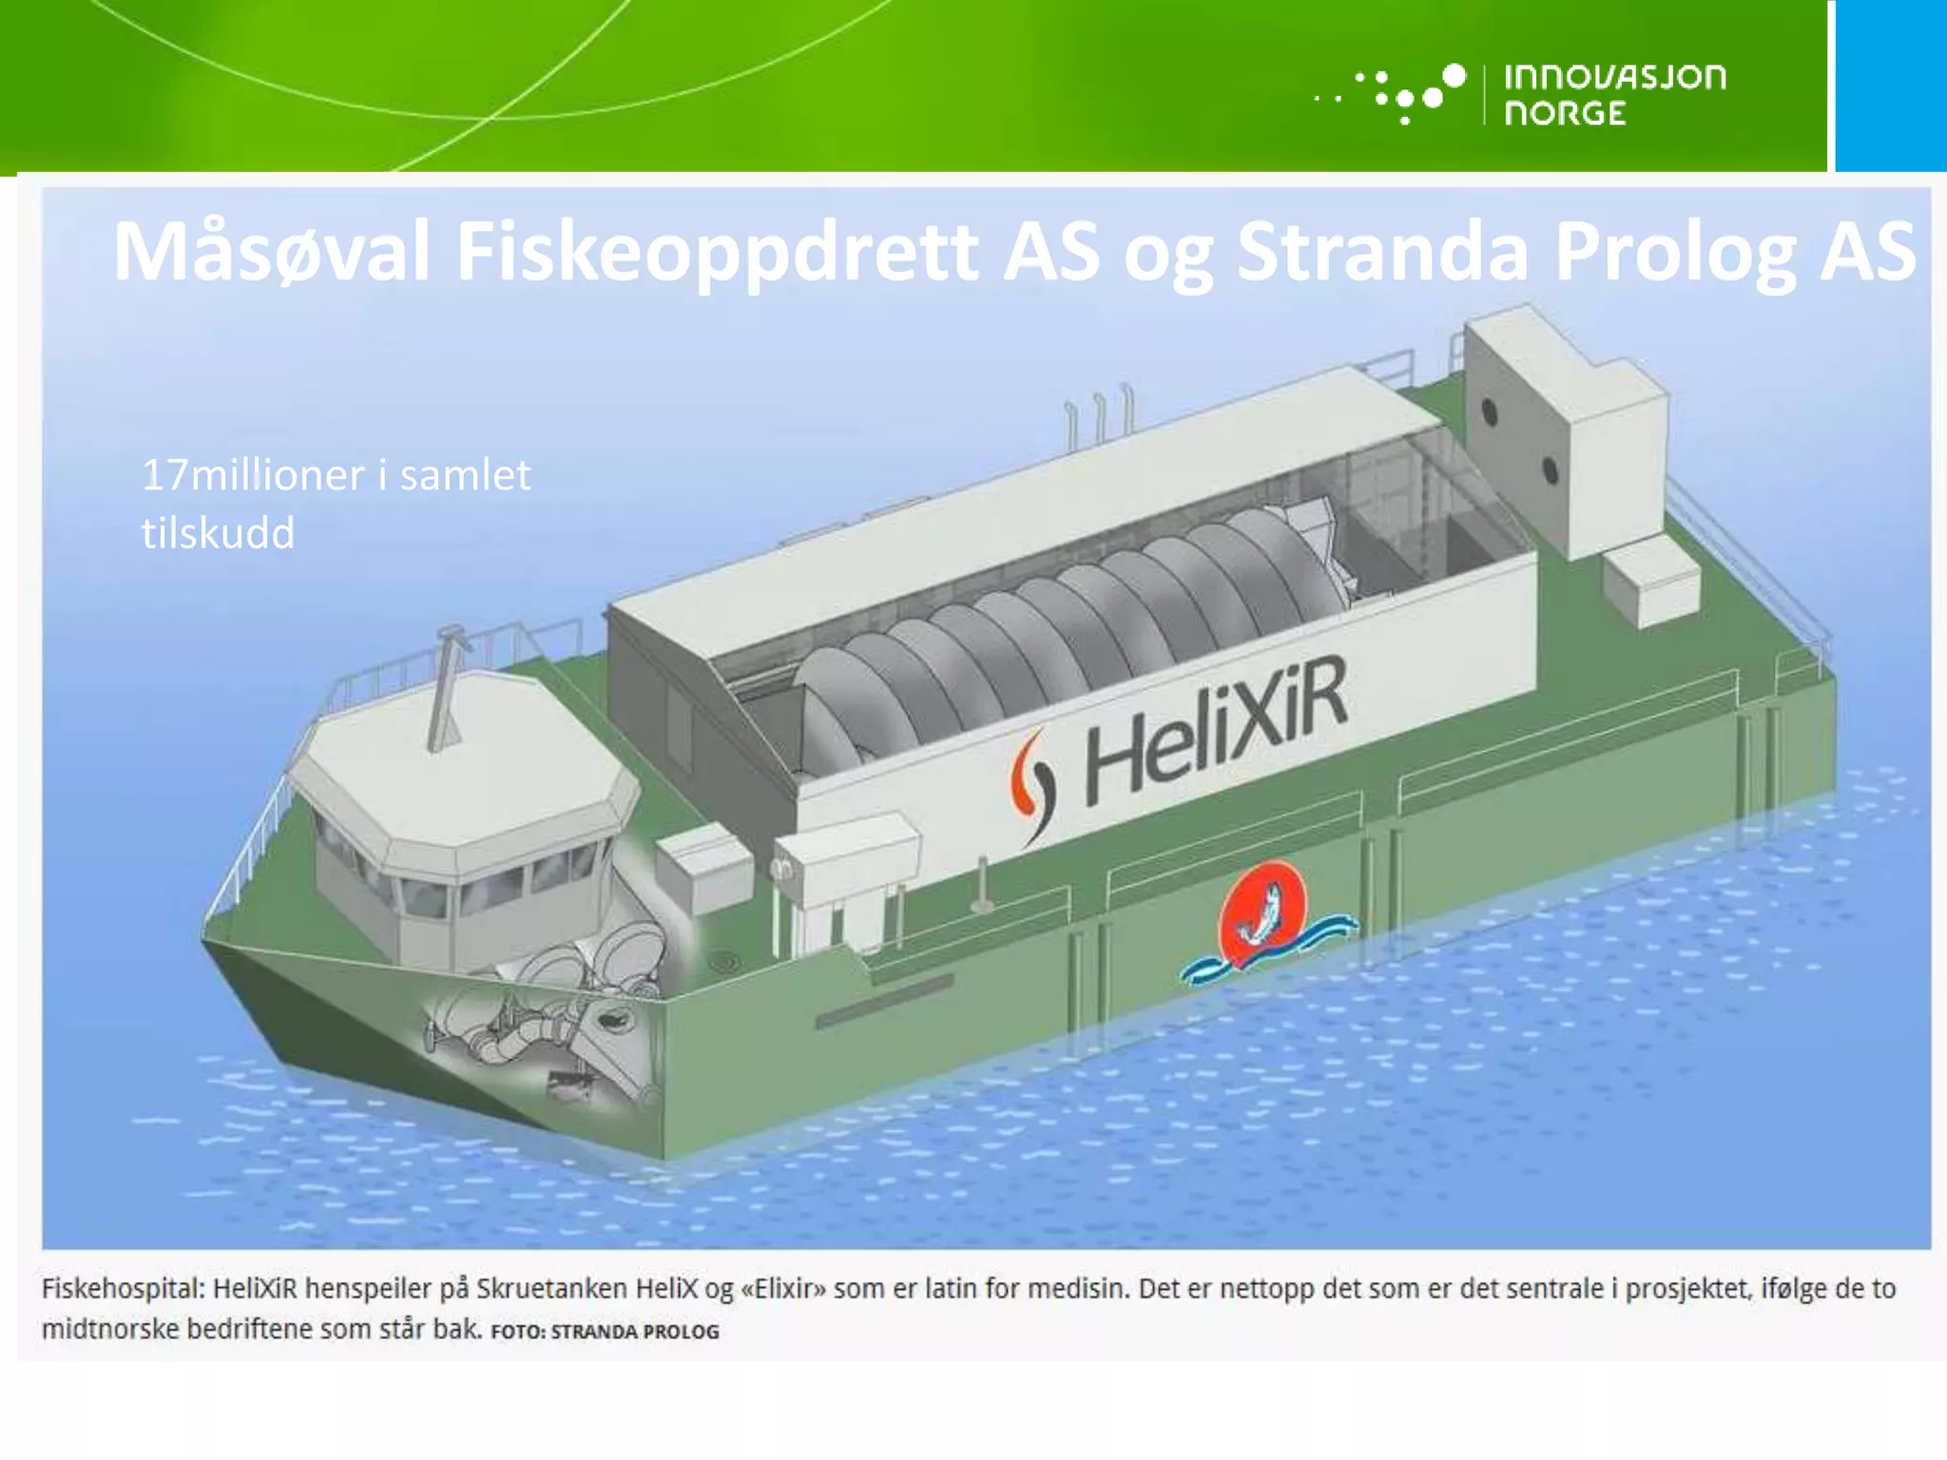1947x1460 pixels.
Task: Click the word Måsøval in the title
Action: [x=271, y=252]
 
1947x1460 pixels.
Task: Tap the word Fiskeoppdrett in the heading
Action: [x=717, y=252]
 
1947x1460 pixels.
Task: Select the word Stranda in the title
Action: [x=1381, y=252]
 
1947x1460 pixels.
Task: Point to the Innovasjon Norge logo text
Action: [x=1614, y=94]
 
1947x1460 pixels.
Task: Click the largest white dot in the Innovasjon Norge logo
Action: [x=1454, y=75]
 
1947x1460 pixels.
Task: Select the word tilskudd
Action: [x=218, y=532]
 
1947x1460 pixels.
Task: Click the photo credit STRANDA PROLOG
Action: [x=634, y=1332]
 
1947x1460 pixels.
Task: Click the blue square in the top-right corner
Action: [x=1890, y=86]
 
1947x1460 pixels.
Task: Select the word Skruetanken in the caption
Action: [x=550, y=1289]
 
